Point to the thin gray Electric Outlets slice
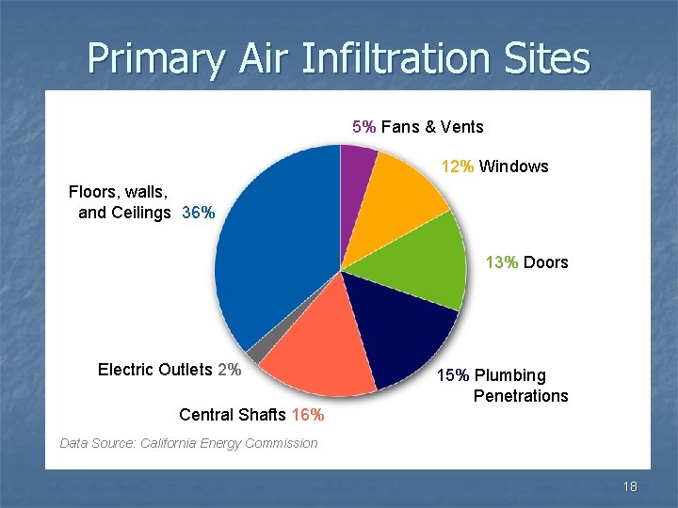click(x=256, y=351)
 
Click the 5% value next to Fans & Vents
click(x=364, y=127)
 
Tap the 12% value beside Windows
click(x=458, y=167)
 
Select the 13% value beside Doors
click(x=502, y=262)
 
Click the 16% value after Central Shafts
click(x=308, y=415)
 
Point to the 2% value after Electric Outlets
click(x=229, y=369)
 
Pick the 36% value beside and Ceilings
click(x=198, y=213)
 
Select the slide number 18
click(x=630, y=486)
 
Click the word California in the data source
click(x=172, y=443)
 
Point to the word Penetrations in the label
click(x=521, y=395)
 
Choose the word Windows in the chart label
click(x=513, y=167)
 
